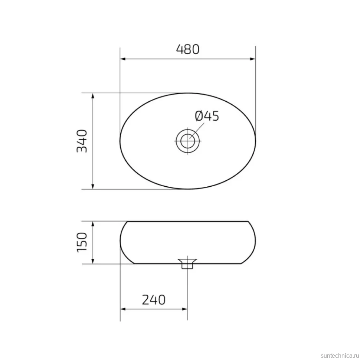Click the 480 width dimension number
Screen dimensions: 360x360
[187, 49]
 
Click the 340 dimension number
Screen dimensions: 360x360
[82, 141]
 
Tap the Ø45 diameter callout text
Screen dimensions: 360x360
[207, 116]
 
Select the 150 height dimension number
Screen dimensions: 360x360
[82, 242]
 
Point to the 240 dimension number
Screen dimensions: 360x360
[154, 300]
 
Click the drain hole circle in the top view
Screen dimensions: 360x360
[187, 141]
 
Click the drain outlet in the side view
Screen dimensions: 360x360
[187, 264]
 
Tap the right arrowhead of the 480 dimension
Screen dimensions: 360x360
[252, 59]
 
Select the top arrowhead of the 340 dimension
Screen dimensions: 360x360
[93, 96]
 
